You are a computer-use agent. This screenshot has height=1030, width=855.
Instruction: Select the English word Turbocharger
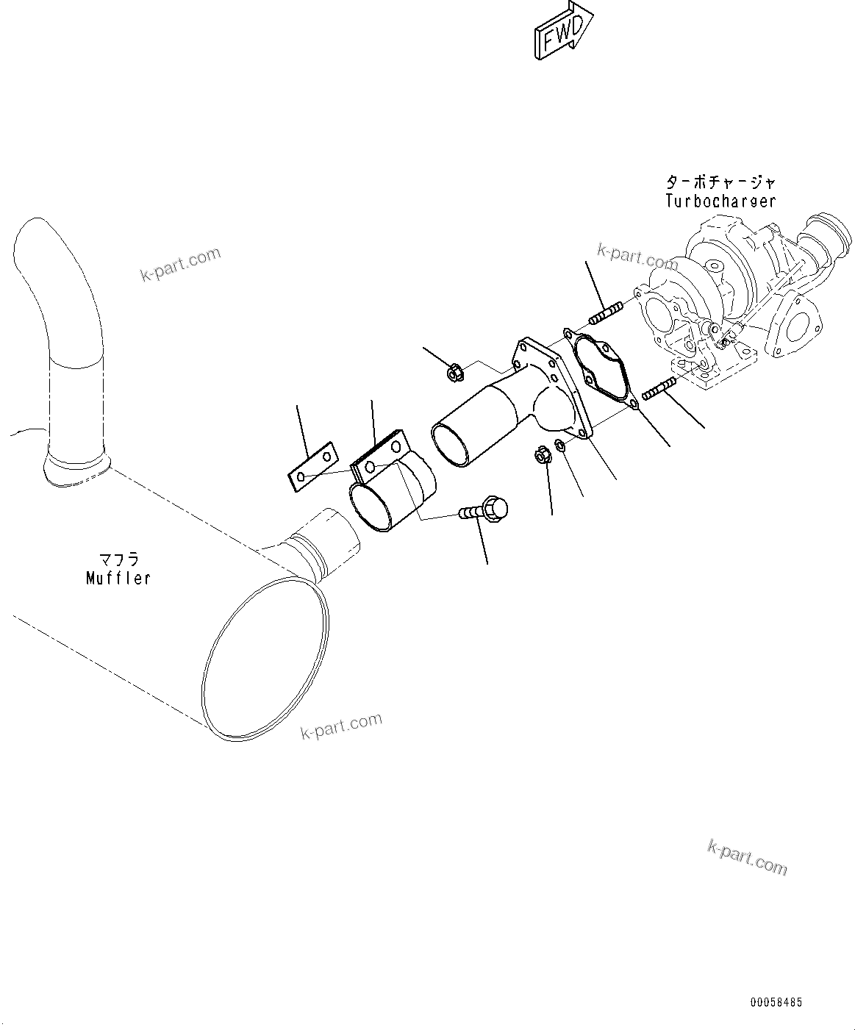pyautogui.click(x=720, y=201)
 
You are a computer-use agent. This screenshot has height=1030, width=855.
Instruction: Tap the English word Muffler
pyautogui.click(x=118, y=578)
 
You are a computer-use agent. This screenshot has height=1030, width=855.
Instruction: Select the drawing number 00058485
pyautogui.click(x=776, y=1002)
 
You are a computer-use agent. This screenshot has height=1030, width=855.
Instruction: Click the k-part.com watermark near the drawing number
pyautogui.click(x=747, y=858)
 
